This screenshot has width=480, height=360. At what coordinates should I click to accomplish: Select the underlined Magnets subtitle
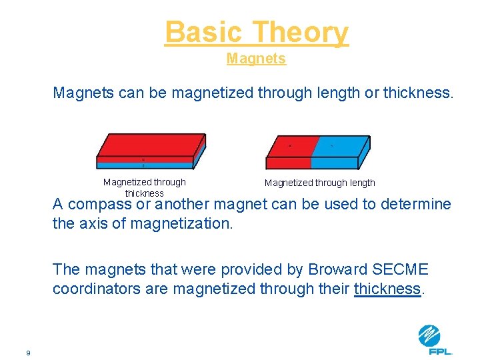(256, 59)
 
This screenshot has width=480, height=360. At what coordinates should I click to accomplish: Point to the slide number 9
(28, 353)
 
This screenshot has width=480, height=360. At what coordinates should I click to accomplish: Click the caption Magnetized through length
(320, 183)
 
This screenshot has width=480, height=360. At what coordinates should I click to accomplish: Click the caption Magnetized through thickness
(145, 187)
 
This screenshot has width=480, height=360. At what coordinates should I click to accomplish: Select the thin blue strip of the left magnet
(143, 164)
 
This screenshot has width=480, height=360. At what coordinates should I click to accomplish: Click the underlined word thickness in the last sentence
(388, 289)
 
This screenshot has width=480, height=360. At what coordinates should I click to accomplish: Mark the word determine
(415, 204)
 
